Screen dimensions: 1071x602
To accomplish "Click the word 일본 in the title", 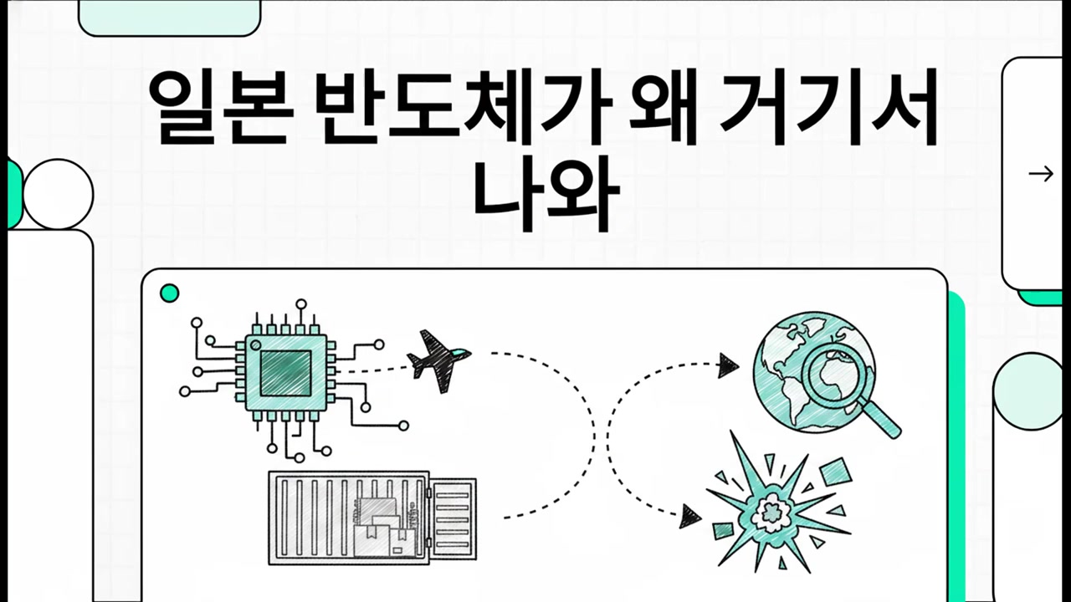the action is pos(220,108).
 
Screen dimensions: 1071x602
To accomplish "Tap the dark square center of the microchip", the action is pos(286,373).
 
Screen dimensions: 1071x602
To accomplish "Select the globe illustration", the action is pos(814,372).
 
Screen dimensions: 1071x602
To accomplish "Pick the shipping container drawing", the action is pos(372,518).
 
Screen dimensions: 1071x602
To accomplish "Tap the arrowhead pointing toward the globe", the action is pos(728,366).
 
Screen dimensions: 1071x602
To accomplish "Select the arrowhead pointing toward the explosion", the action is pos(690,517).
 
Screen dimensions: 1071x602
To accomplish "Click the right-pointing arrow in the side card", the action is pos(1041,173).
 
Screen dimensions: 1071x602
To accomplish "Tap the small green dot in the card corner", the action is pos(169,293).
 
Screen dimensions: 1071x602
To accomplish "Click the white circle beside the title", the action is pos(59,194).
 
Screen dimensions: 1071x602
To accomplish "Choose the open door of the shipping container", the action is pos(453,519).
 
